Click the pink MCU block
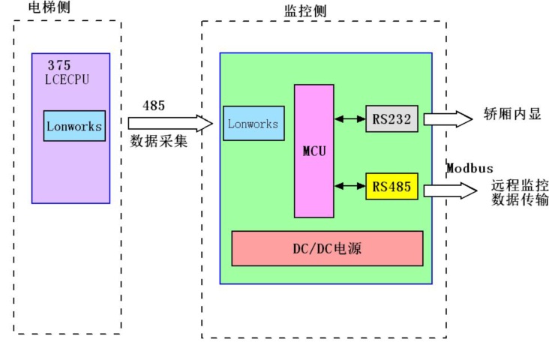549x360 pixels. coord(314,150)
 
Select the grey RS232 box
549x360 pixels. coord(391,118)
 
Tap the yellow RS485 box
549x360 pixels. coord(391,187)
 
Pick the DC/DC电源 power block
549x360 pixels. coord(327,248)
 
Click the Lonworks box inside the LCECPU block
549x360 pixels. coord(73,126)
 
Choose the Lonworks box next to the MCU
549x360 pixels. coord(253,124)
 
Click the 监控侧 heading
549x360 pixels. coord(305,10)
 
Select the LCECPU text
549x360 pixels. coord(67,79)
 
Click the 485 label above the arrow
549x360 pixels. coord(154,106)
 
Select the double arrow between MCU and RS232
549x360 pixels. coord(350,118)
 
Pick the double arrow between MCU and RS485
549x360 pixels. coord(350,186)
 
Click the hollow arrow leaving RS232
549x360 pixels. coord(448,118)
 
